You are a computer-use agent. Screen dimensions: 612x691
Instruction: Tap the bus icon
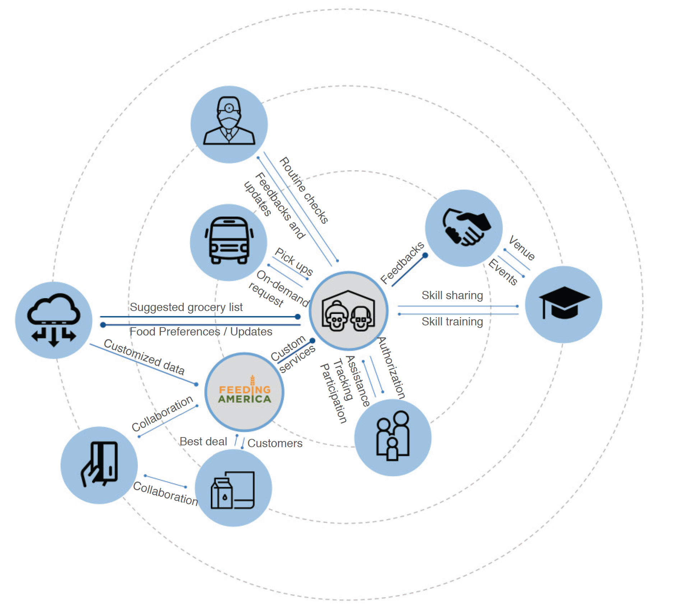tap(229, 241)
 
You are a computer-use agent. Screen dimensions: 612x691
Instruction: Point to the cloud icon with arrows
tap(54, 319)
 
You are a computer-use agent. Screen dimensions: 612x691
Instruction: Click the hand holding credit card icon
tap(99, 464)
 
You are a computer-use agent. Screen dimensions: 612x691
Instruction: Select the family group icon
tap(393, 436)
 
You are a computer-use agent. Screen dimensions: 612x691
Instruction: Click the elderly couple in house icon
tap(348, 311)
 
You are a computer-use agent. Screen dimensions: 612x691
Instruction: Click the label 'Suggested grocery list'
tap(186, 307)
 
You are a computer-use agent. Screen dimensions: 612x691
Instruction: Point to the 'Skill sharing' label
tap(452, 295)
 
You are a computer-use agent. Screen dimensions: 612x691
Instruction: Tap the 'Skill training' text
tap(452, 321)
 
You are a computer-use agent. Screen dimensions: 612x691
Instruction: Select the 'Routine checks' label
tap(304, 190)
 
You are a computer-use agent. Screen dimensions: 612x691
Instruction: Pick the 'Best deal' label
tap(203, 441)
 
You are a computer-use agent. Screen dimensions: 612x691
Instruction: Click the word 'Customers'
tap(275, 443)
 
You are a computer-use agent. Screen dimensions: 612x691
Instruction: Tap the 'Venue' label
tap(522, 247)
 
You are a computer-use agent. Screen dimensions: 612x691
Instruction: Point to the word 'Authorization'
tap(391, 368)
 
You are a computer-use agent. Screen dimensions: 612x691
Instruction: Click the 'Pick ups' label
tap(294, 261)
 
